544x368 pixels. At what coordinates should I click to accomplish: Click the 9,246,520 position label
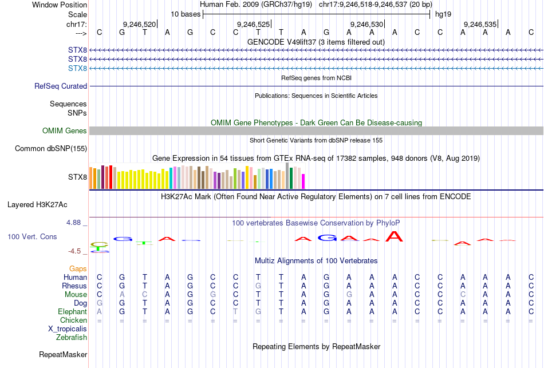[x=139, y=25]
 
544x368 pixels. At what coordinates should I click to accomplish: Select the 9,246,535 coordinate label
[x=480, y=25]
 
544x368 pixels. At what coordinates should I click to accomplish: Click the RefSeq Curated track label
[x=61, y=86]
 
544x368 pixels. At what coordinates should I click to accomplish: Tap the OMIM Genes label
[x=65, y=131]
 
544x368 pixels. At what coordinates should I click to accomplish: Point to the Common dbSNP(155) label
[x=51, y=149]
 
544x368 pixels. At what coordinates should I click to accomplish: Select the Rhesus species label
[x=74, y=286]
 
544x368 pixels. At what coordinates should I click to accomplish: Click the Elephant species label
[x=72, y=312]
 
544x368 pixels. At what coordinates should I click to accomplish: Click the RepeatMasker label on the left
[x=63, y=355]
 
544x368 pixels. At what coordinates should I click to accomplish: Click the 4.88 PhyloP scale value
[x=76, y=223]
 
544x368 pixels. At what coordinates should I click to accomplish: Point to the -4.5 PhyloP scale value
[x=77, y=251]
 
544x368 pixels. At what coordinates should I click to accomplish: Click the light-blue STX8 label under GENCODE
[x=77, y=69]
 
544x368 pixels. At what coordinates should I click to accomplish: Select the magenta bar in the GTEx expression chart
[x=303, y=181]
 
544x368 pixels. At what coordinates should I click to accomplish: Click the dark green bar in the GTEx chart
[x=291, y=178]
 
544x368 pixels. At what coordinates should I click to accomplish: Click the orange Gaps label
[x=78, y=269]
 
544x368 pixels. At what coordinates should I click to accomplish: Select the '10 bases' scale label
[x=186, y=14]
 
